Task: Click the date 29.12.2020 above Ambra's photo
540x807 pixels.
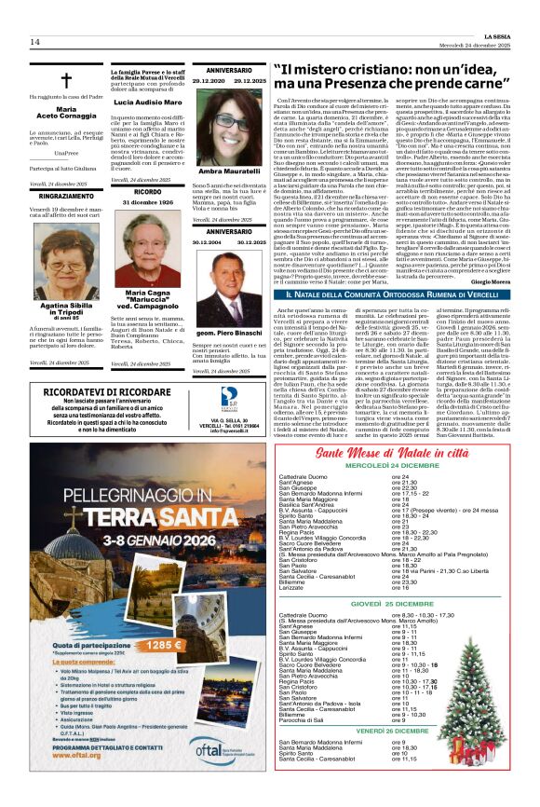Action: pos(196,81)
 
